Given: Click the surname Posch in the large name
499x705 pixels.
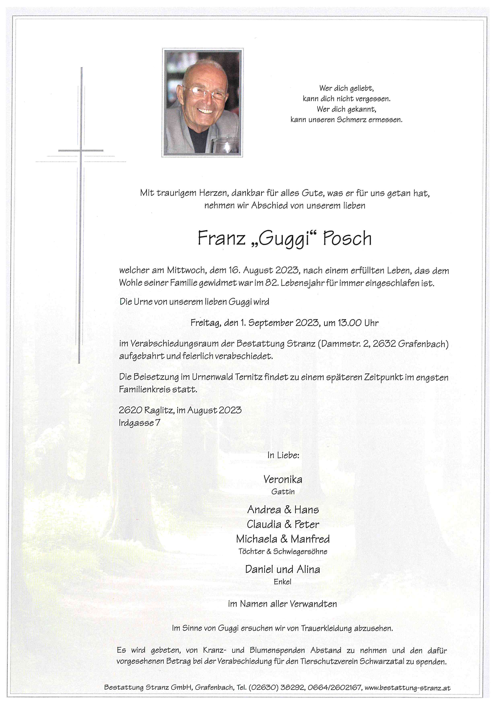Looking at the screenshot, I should (x=347, y=238).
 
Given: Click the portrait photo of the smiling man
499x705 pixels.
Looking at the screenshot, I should (x=202, y=103).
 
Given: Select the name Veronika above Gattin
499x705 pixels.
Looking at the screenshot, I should (x=283, y=479).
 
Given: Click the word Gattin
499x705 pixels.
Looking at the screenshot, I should (x=283, y=492).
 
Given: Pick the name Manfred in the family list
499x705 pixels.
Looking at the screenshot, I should (x=310, y=539).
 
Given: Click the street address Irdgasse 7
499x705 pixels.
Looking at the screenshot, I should (x=139, y=423).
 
